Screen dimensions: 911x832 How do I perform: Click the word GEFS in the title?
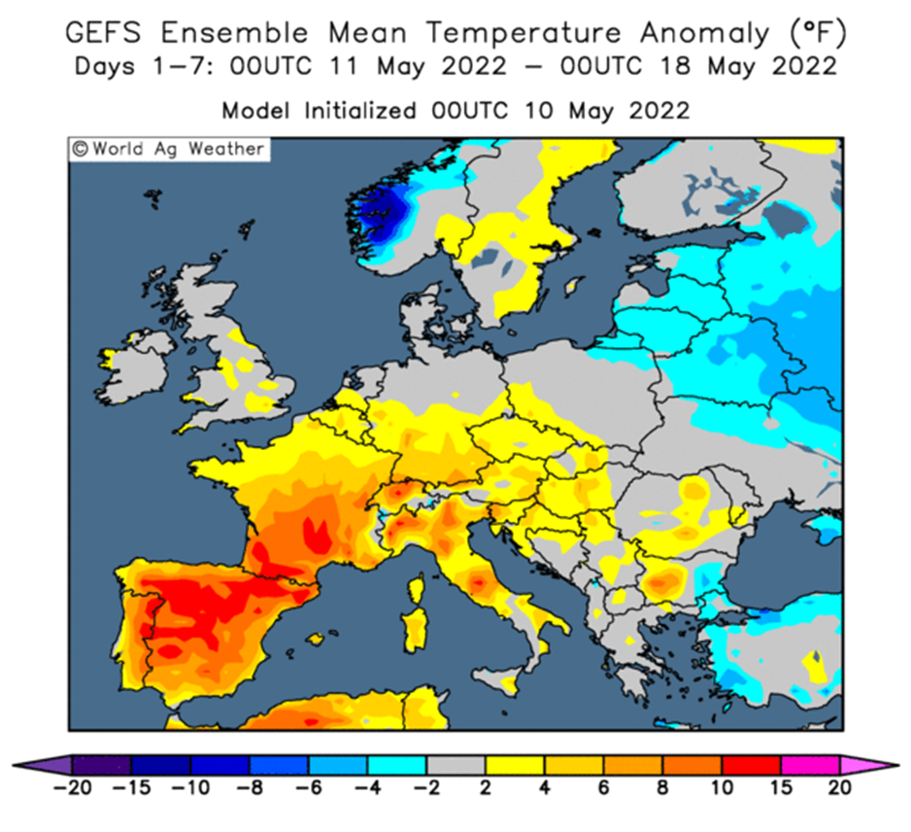[x=103, y=32]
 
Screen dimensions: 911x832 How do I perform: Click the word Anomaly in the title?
[x=705, y=34]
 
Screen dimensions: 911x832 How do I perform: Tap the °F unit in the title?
[x=818, y=33]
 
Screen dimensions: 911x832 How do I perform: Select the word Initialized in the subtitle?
[x=360, y=111]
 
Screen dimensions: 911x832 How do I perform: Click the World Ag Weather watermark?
[x=168, y=150]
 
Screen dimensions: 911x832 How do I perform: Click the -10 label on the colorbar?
[x=190, y=788]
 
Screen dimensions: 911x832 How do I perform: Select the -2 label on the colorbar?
[x=426, y=788]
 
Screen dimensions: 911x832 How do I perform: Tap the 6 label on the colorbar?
[x=604, y=788]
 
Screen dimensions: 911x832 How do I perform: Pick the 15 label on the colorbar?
[x=781, y=788]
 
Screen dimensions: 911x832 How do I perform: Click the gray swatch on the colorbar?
[x=456, y=765]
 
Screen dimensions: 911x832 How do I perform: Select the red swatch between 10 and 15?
[x=751, y=765]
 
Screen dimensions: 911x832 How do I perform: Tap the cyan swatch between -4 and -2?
[x=397, y=765]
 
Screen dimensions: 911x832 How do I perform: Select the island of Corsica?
[x=417, y=587]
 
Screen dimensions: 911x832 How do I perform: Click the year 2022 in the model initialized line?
[x=659, y=111]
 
